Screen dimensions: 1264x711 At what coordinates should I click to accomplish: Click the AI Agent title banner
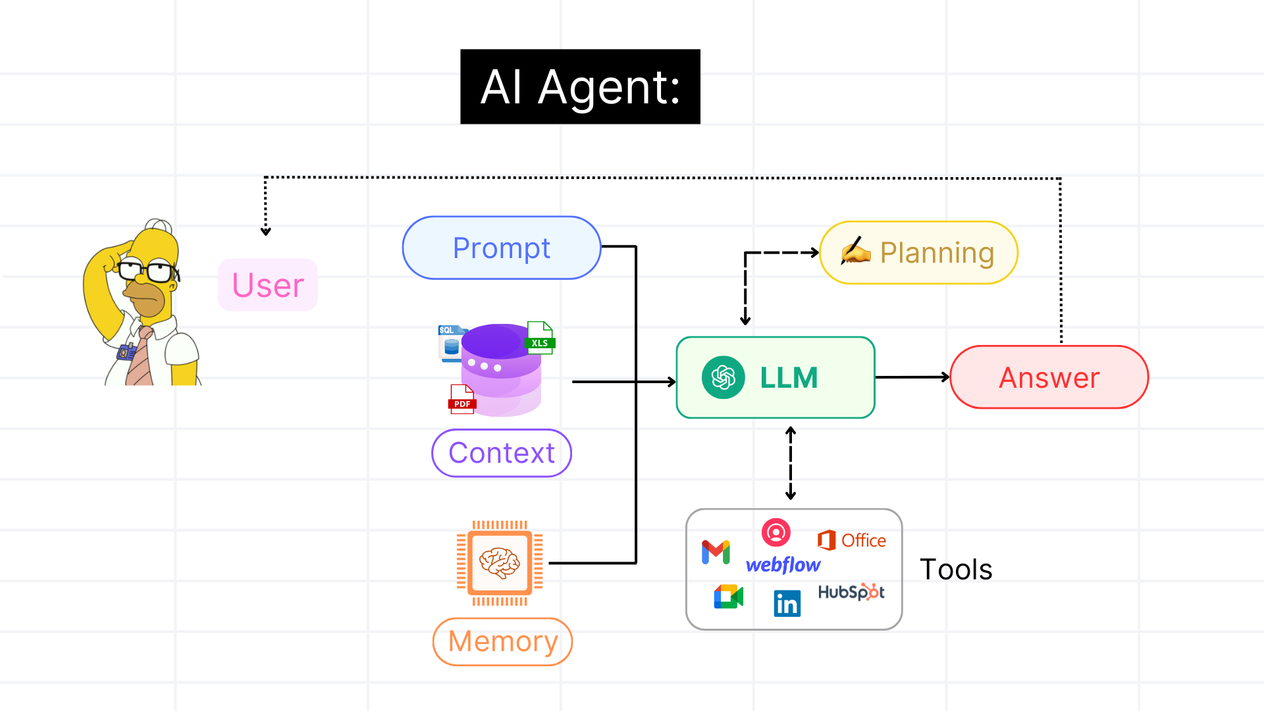pyautogui.click(x=580, y=86)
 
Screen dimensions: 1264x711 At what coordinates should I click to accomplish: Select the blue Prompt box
pyautogui.click(x=502, y=248)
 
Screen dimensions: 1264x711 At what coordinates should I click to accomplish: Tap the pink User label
pyautogui.click(x=268, y=285)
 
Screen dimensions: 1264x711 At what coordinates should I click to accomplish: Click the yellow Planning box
pyautogui.click(x=918, y=253)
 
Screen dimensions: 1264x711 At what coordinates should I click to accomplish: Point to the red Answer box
pyautogui.click(x=1049, y=377)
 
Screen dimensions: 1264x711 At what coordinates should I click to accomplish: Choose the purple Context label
pyautogui.click(x=502, y=453)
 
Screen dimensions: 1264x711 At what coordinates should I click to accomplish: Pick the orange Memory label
pyautogui.click(x=502, y=641)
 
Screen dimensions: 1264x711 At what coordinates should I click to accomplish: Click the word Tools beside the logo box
pyautogui.click(x=956, y=569)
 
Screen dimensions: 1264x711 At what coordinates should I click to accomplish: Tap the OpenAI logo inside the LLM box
pyautogui.click(x=724, y=377)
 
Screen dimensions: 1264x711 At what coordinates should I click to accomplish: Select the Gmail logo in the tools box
pyautogui.click(x=716, y=552)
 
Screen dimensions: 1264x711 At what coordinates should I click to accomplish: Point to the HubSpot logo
pyautogui.click(x=851, y=592)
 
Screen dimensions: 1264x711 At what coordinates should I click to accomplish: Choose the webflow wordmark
pyautogui.click(x=783, y=565)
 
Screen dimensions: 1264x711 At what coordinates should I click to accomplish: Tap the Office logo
pyautogui.click(x=851, y=540)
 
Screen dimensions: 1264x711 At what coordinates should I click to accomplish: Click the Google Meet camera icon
pyautogui.click(x=729, y=596)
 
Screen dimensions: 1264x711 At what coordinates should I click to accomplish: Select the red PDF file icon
pyautogui.click(x=462, y=399)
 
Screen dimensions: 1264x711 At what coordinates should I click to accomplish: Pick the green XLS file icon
pyautogui.click(x=540, y=338)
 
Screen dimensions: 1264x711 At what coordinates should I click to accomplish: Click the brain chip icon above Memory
pyautogui.click(x=500, y=563)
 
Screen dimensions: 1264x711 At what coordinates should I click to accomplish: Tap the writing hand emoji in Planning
pyautogui.click(x=856, y=251)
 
